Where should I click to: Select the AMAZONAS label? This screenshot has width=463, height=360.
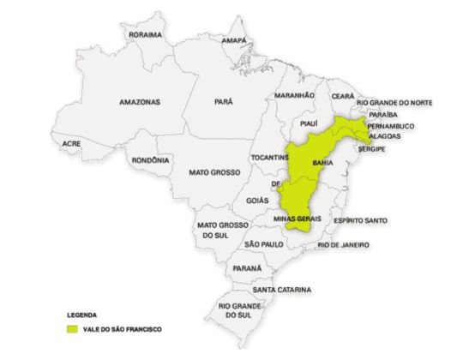(x=140, y=101)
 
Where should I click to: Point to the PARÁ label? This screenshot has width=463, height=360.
(x=222, y=101)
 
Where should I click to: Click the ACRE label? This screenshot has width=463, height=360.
(x=71, y=144)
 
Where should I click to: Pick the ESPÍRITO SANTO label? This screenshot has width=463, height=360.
(x=361, y=220)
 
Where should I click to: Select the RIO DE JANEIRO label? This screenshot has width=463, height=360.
(x=343, y=245)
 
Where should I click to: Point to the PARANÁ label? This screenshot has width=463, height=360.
(x=246, y=267)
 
